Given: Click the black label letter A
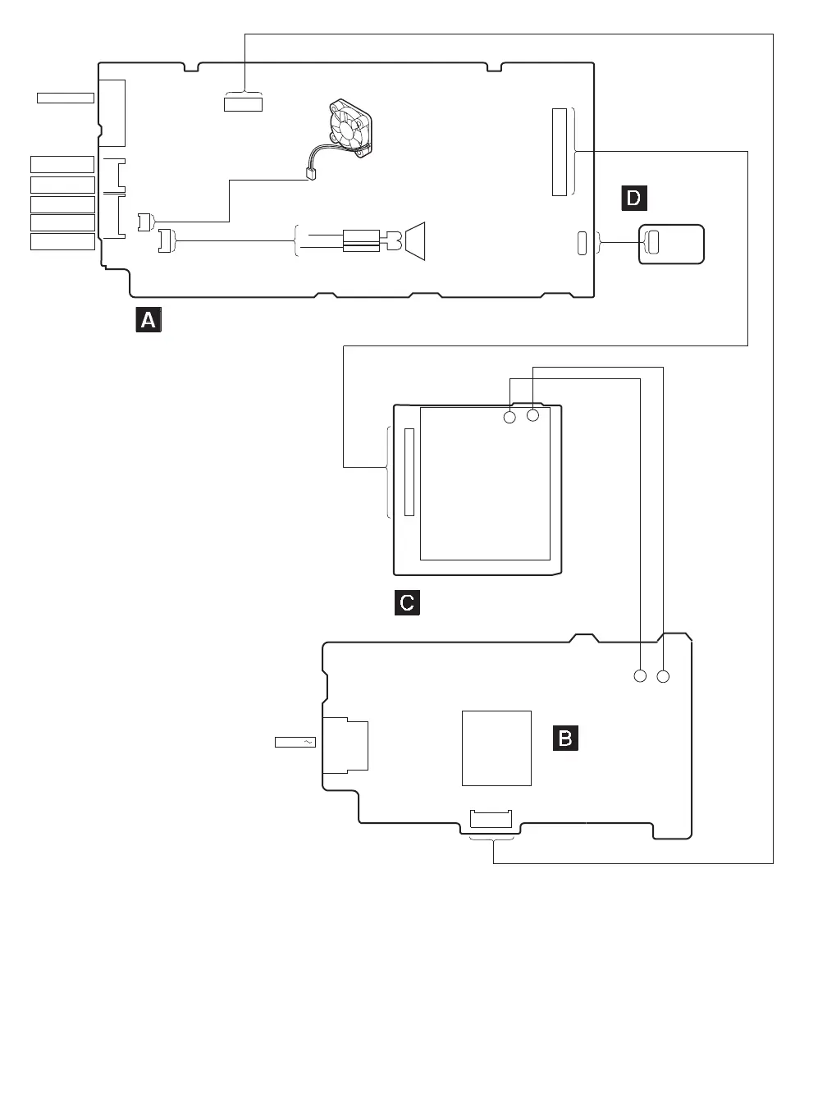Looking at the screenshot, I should click(x=148, y=319).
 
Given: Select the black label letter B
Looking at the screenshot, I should click(x=566, y=738).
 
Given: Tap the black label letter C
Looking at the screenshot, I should click(x=407, y=602).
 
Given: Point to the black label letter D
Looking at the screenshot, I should click(x=633, y=198).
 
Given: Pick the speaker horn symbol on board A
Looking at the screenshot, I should click(x=414, y=240).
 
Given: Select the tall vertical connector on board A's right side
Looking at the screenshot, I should click(x=560, y=151).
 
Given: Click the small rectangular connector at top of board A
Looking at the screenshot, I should click(x=243, y=103).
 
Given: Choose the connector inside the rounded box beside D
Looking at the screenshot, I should click(x=654, y=242).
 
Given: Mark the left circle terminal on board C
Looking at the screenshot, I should click(x=509, y=417).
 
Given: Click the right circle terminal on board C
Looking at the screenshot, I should click(x=533, y=415).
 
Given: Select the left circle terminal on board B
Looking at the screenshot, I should click(x=640, y=676).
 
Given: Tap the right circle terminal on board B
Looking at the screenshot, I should click(x=664, y=676).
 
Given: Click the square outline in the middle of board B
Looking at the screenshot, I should click(x=496, y=748).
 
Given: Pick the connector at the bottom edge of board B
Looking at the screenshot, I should click(x=491, y=818).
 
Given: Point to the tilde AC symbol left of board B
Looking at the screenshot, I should click(x=308, y=742).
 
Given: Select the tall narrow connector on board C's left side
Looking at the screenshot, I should click(x=410, y=472).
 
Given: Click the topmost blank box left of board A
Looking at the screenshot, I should click(x=66, y=98).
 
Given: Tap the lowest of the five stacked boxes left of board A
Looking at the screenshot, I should click(x=62, y=241).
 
